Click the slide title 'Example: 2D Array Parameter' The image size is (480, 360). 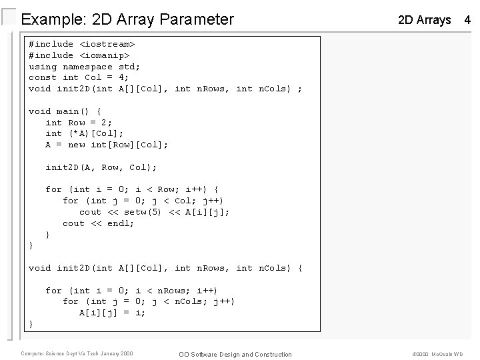coord(127,19)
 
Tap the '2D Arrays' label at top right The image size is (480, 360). coord(424,20)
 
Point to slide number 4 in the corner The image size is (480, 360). coord(467,20)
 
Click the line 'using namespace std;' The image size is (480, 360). coord(85,67)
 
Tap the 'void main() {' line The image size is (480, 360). coord(65,111)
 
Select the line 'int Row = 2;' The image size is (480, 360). coord(79,123)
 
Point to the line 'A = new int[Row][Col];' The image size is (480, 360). coord(107,145)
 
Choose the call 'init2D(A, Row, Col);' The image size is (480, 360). coord(101,167)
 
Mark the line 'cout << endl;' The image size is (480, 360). coord(99,223)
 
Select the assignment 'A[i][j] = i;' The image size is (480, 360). coord(113,313)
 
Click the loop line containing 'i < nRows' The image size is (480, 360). coord(131,290)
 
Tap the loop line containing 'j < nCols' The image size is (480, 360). coord(149,301)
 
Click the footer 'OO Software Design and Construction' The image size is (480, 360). coord(236,354)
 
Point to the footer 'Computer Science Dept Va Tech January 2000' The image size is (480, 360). coord(77,353)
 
